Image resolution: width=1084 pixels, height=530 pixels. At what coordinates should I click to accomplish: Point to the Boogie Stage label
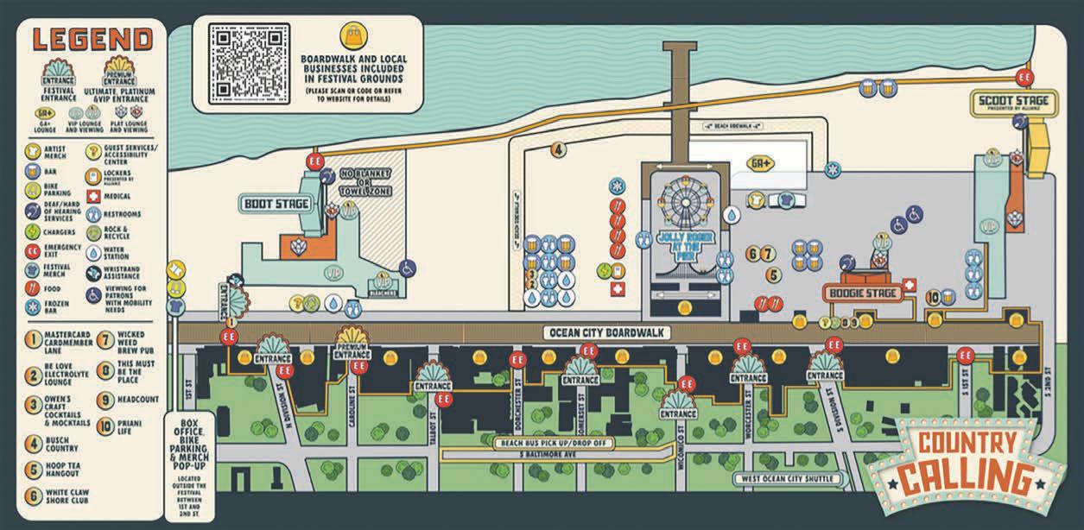click(x=864, y=293)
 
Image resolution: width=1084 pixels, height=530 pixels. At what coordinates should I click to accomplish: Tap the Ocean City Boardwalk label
click(x=608, y=332)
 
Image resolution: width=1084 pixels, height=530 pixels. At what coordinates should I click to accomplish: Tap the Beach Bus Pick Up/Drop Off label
click(x=541, y=444)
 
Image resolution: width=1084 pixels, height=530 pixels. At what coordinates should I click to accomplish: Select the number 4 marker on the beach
click(x=559, y=149)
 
